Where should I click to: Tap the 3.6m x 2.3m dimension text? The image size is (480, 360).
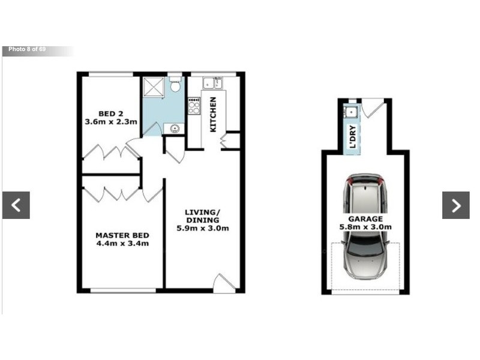point(111,122)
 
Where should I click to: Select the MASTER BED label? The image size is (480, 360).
point(122,235)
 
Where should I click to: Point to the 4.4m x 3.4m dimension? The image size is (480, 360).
point(122,244)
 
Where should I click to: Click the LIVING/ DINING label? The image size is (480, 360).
point(203,216)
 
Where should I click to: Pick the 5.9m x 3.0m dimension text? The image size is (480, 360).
point(203,228)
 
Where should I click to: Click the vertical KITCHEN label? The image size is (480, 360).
point(213,114)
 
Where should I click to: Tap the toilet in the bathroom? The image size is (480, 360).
point(175,85)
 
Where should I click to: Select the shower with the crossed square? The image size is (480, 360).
point(153,88)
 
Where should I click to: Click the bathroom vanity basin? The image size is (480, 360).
point(174,128)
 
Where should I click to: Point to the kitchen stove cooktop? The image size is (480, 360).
point(194,106)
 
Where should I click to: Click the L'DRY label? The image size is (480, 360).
point(353,137)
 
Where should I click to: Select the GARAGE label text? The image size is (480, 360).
point(365,219)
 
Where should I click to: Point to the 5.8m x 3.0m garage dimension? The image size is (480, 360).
point(365,227)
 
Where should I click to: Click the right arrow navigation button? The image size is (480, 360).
point(456,205)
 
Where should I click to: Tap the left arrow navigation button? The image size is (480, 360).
point(16,205)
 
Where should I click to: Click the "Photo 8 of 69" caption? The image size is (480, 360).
point(27,49)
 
